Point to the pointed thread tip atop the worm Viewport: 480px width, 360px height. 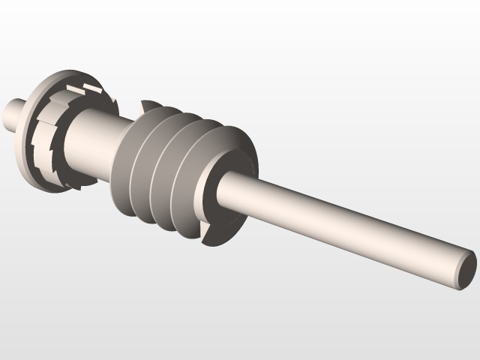[x=148, y=103]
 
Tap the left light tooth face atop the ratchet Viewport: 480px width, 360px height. [x=73, y=88]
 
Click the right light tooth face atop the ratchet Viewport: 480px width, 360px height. [x=93, y=90]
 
